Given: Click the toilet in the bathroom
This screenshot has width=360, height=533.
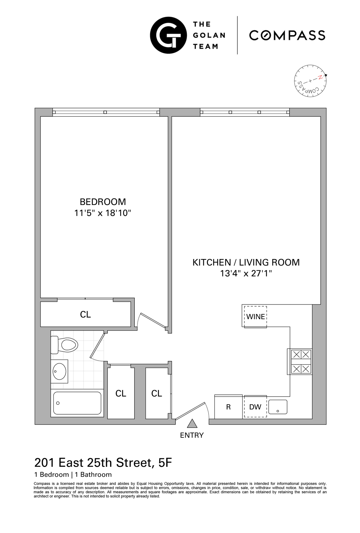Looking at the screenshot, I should point(66,345).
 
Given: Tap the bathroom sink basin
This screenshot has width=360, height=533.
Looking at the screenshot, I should point(59,371).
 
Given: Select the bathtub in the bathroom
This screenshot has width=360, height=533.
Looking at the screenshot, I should point(77,403).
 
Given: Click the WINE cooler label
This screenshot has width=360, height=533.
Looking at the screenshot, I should point(256,316).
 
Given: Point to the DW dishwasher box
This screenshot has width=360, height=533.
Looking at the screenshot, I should point(255,407).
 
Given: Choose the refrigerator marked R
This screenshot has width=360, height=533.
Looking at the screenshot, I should point(229,407).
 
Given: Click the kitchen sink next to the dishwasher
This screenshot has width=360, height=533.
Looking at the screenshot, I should point(278,407).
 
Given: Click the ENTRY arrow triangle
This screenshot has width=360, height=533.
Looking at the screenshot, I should point(192,424).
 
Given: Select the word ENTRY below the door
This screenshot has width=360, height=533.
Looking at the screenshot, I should point(192,435).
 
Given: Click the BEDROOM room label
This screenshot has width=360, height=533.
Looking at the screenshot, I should point(103,202).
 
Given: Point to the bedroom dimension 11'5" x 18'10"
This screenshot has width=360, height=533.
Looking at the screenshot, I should point(103,213).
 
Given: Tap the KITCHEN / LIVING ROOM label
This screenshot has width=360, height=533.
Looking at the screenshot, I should point(246,262).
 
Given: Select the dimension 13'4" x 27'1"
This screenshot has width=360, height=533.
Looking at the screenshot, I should point(246,274).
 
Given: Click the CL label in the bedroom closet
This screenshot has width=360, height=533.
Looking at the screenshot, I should point(85,314).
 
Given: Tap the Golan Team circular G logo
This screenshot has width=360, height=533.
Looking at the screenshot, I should point(168,35).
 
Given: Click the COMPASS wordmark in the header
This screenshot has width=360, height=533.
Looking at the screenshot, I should point(287,35).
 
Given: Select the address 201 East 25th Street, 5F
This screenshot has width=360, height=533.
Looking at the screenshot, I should point(103,463).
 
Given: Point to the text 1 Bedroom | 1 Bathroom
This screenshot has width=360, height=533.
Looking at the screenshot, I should point(73,474).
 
